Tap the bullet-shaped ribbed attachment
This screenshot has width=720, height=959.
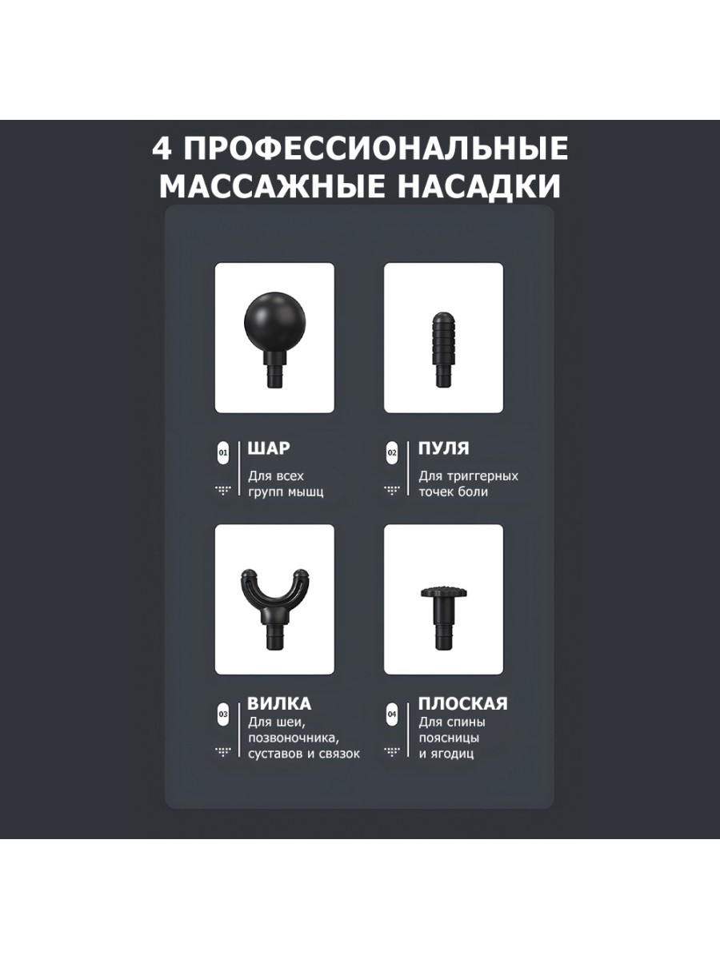(x=444, y=348)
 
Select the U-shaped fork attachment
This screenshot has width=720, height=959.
(x=274, y=607)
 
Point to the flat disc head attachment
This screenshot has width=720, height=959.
(x=444, y=616)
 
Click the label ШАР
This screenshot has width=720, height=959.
(x=269, y=448)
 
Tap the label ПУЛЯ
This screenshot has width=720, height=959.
(x=443, y=448)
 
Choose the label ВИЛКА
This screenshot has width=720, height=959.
(x=279, y=704)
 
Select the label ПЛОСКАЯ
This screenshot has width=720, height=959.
(x=463, y=704)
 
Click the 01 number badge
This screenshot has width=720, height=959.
(x=223, y=452)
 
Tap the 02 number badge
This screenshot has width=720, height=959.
(x=392, y=452)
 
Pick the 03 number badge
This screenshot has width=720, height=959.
(x=223, y=714)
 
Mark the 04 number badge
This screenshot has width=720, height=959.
(x=392, y=714)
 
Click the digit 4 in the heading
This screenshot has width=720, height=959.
(x=162, y=148)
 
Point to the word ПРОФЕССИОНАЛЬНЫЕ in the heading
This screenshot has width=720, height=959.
(x=375, y=149)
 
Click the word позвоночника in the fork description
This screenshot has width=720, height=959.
(x=294, y=738)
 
